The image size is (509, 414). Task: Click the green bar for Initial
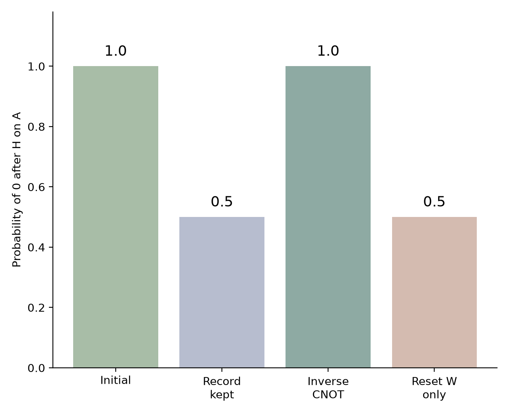tap(116, 217)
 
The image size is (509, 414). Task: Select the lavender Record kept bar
tap(222, 292)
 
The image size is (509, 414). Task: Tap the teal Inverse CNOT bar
tap(328, 217)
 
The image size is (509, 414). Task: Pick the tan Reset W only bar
tap(434, 292)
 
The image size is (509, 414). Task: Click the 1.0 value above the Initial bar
tap(116, 51)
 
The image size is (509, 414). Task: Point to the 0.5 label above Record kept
tap(222, 201)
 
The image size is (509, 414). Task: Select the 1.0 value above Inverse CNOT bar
tap(328, 51)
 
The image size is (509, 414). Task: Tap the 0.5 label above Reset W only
tap(434, 201)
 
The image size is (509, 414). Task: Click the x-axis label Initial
tap(116, 380)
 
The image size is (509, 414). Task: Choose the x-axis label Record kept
tap(222, 388)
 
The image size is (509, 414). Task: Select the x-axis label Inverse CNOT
tap(328, 388)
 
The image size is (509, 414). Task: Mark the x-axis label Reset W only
tap(434, 388)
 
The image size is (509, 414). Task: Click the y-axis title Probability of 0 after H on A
tap(16, 189)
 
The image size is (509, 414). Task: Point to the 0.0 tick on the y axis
tap(36, 368)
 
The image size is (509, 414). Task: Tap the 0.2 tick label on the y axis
tap(36, 308)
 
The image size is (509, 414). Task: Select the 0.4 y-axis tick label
tap(36, 247)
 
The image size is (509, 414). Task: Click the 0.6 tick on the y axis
tap(36, 187)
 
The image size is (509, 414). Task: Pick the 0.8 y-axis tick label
tap(36, 127)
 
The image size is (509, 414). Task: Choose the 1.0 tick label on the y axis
tap(36, 66)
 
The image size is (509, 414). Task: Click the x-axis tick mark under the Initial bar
tap(116, 369)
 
